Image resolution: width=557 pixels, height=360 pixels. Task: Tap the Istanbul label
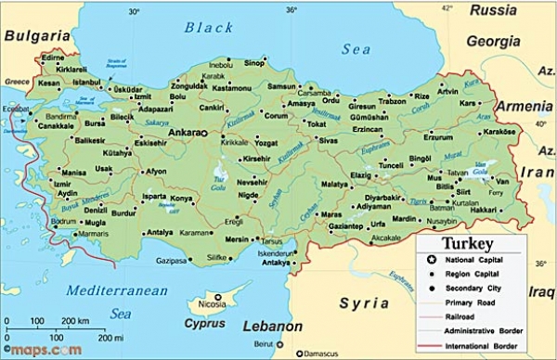[x=86, y=82]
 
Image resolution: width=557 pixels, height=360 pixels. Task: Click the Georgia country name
[x=493, y=41]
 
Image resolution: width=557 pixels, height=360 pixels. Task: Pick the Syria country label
[x=364, y=302]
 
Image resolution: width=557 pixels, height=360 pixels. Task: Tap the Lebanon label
[x=272, y=327]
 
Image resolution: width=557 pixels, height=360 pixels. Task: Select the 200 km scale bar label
[x=76, y=320]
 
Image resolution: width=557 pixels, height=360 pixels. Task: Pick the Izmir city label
[x=62, y=183]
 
